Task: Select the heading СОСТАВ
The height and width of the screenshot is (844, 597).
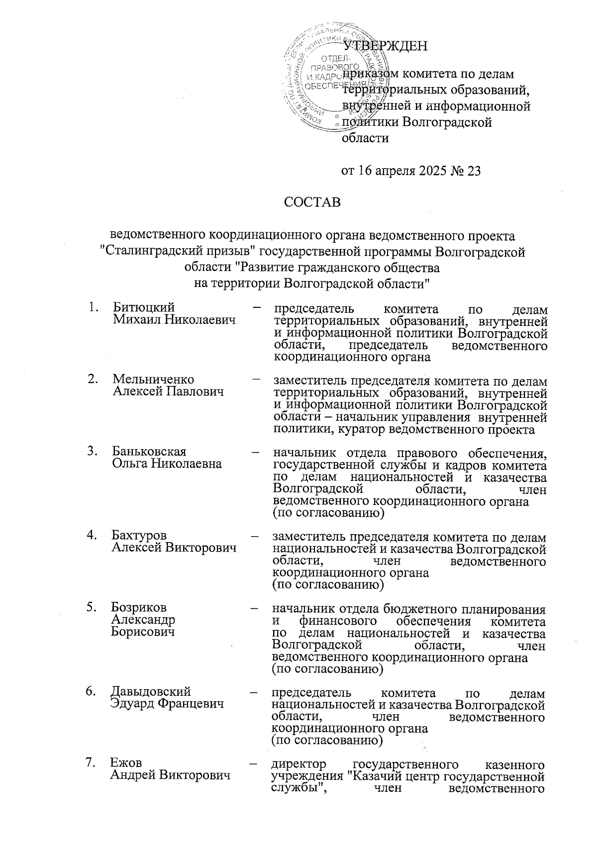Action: pos(312,202)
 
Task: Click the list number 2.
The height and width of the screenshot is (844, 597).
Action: pos(92,379)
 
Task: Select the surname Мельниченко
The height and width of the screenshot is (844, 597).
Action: pos(153,379)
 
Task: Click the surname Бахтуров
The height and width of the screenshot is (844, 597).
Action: pos(139,535)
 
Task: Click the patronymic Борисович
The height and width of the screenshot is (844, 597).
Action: pos(143,632)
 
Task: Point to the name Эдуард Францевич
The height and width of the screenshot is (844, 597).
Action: pos(167,703)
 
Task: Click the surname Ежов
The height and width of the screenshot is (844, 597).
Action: pos(126,763)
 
